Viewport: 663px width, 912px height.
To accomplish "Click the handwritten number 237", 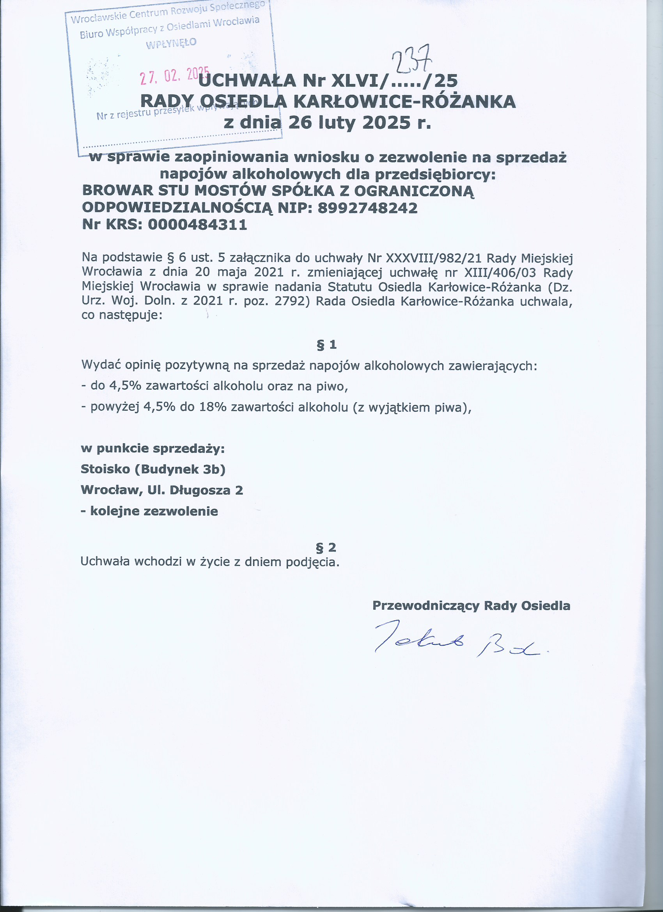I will [411, 60].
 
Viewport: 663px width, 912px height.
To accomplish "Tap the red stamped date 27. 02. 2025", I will [174, 75].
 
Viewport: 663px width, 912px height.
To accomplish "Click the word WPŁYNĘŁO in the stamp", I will [171, 43].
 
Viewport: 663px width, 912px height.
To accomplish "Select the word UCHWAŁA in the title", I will [247, 81].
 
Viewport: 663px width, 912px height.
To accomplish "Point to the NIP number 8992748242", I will [367, 208].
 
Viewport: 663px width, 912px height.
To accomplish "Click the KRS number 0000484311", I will [197, 224].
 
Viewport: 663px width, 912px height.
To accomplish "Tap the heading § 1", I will [326, 344].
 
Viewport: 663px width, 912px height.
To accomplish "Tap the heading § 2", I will [326, 547].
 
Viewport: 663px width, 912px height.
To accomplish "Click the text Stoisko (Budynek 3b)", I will [153, 469].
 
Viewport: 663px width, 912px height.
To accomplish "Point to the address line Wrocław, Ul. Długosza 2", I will [161, 490].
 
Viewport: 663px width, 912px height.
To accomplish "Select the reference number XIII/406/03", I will [500, 272].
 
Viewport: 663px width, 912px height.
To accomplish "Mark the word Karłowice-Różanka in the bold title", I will [404, 102].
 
